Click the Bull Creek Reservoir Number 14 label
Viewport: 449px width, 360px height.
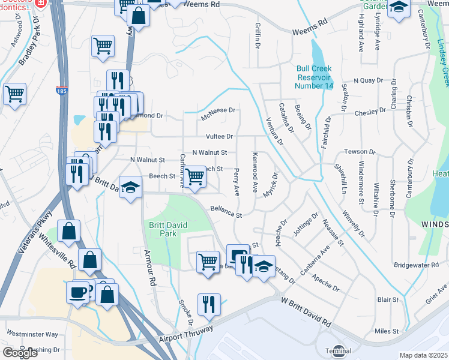[x=313, y=77]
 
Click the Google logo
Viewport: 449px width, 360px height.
[x=20, y=353]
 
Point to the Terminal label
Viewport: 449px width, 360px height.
[x=338, y=350]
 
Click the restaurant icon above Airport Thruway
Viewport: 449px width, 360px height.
[x=209, y=304]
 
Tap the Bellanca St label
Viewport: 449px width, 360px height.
[x=226, y=212]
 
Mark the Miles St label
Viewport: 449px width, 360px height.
[x=387, y=331]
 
